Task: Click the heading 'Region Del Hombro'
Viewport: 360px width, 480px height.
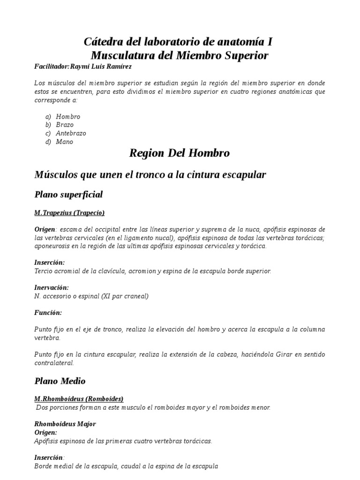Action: point(180,153)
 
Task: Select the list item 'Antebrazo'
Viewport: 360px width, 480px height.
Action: point(71,133)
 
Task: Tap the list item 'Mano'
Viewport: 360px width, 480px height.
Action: point(64,142)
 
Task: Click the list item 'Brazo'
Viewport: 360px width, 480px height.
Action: point(65,125)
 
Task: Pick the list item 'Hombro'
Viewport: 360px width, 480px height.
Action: point(68,116)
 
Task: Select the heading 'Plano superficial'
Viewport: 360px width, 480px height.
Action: point(68,194)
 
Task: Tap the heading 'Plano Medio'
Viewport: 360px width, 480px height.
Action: point(60,381)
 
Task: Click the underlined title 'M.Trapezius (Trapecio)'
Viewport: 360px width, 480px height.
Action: point(69,213)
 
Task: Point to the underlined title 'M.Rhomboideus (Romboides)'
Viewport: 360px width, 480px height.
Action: point(79,399)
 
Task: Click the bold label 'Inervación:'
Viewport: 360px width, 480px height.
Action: point(52,287)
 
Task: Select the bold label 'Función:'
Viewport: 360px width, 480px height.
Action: point(48,312)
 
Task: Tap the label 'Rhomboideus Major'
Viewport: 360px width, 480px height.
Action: point(65,424)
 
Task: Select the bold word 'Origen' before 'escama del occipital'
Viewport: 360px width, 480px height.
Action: point(45,229)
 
